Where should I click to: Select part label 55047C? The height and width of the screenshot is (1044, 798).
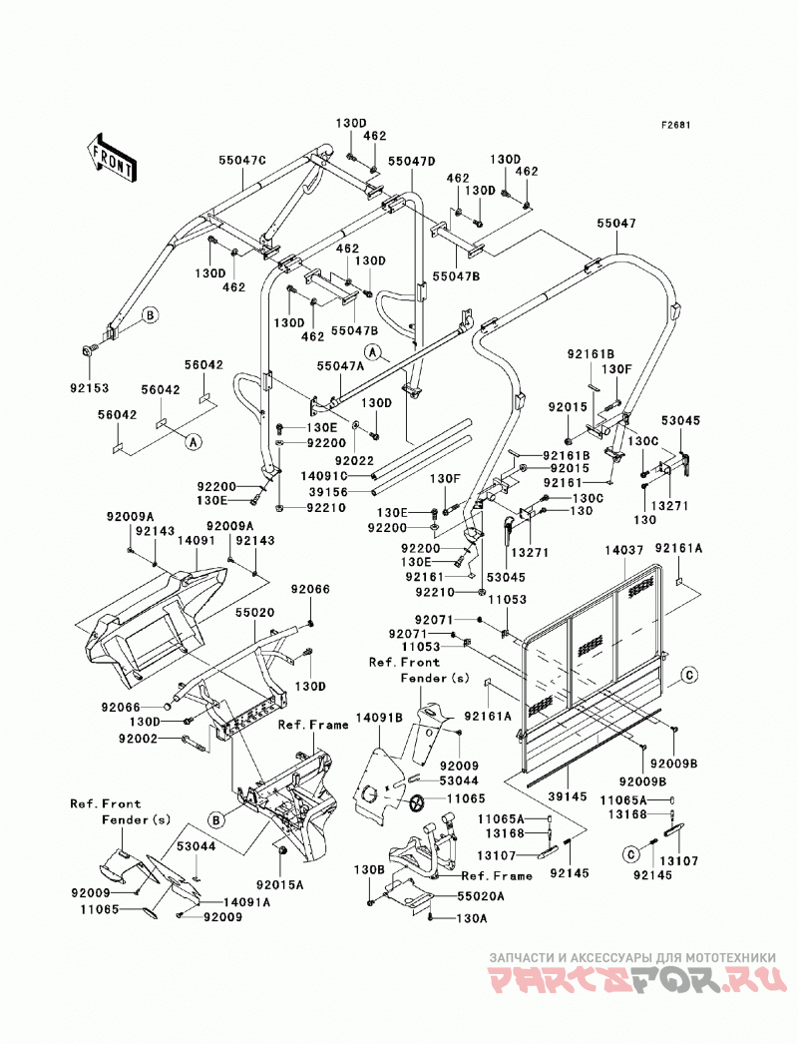[x=242, y=161]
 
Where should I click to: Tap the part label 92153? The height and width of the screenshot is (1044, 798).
[x=89, y=388]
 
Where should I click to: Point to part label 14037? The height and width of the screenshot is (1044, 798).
[x=624, y=551]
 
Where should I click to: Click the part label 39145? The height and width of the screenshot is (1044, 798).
[x=568, y=797]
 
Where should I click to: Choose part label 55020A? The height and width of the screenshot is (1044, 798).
[x=480, y=896]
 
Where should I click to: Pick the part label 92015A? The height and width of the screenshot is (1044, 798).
[x=279, y=885]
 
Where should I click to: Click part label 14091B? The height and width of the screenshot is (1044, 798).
[x=379, y=718]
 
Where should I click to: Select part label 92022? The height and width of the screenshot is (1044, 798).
[x=355, y=461]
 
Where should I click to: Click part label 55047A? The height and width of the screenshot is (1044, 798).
[x=340, y=365]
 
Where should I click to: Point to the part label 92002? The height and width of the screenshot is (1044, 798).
[x=139, y=739]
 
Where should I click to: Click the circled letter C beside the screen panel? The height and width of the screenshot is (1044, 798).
[x=689, y=675]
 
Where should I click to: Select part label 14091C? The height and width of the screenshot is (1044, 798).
[x=324, y=475]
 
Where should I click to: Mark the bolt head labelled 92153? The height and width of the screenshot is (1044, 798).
[x=89, y=351]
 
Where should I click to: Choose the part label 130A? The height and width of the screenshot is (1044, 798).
[x=472, y=919]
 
